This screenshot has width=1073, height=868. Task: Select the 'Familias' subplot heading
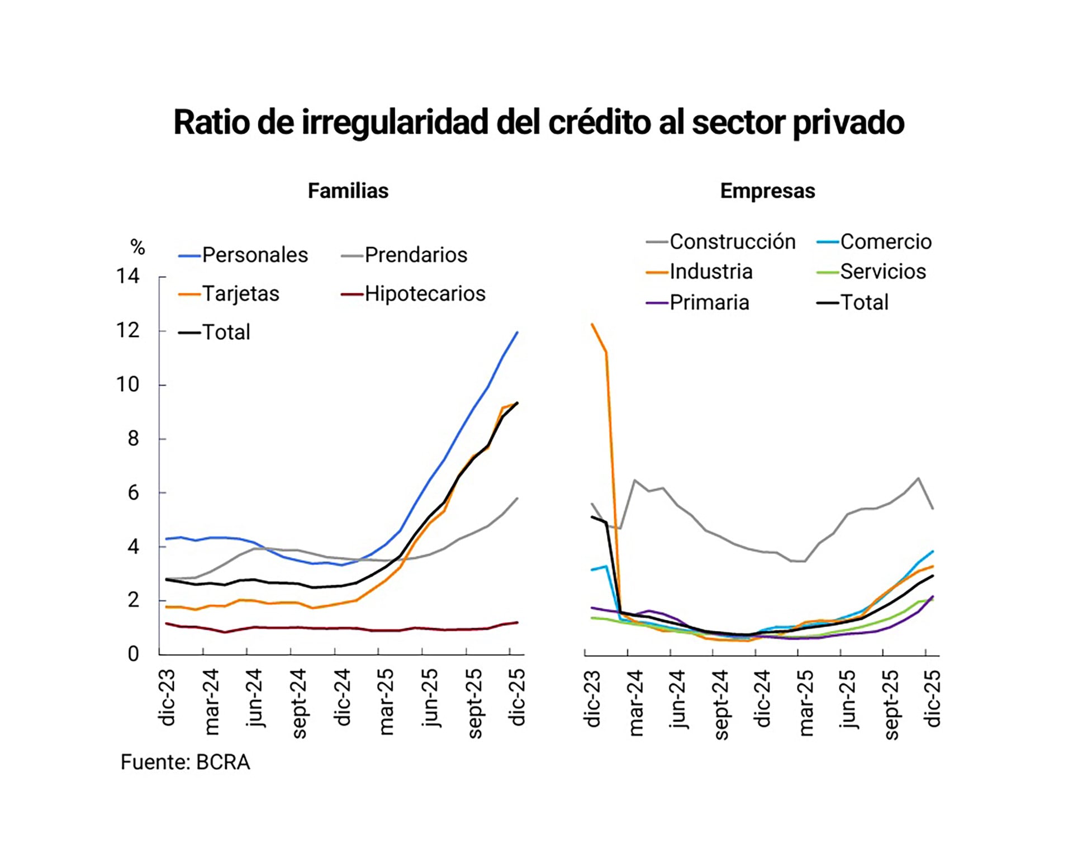coord(348,191)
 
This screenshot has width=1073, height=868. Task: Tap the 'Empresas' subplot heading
coord(767,191)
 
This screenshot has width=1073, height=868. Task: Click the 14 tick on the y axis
coord(127,276)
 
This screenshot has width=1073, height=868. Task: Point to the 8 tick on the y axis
coord(133,439)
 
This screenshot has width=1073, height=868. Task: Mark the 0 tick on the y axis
coord(133,653)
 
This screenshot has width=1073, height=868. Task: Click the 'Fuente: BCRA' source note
coord(185,762)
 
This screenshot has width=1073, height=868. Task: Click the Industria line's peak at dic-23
coord(592,324)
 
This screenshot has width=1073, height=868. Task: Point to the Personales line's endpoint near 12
coord(517,333)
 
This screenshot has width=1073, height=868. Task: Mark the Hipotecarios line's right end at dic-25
coord(517,622)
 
